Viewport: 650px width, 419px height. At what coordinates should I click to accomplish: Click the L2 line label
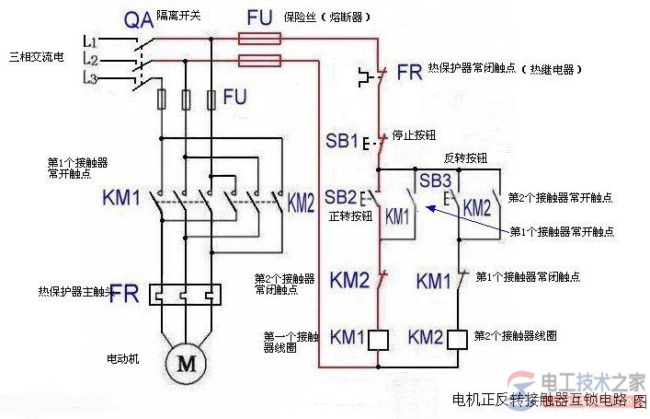[89, 60]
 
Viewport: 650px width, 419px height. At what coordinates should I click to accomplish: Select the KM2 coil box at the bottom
[459, 338]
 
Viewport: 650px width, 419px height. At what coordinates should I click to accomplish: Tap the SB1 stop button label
[341, 142]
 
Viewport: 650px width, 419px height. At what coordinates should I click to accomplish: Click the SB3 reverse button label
[435, 180]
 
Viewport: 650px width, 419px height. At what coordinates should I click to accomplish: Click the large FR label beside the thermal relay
[124, 297]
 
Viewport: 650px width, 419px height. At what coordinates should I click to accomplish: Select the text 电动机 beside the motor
[121, 357]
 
